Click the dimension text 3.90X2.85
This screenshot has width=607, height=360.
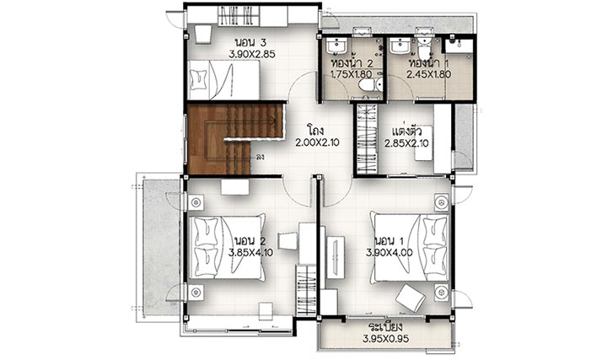tap(251, 54)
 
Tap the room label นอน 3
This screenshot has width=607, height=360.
tap(250, 42)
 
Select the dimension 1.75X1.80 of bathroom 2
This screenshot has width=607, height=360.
tap(351, 74)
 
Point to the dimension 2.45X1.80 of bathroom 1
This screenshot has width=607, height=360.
tap(428, 74)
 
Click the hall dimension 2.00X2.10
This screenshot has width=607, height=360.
tap(317, 142)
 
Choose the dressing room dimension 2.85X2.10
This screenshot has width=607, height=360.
tap(406, 143)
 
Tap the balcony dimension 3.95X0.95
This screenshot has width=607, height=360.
tap(385, 339)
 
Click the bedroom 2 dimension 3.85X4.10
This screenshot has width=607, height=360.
tap(251, 253)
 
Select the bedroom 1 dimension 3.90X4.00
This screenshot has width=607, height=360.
tap(389, 253)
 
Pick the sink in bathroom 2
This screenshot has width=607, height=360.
tap(336, 46)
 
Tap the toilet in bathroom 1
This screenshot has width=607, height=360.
tap(424, 49)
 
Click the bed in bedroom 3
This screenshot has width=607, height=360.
tap(223, 80)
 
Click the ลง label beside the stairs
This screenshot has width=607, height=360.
tap(261, 157)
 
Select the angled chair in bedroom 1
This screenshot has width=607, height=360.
tap(411, 298)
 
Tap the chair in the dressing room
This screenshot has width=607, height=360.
tap(422, 153)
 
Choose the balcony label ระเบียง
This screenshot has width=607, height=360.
tap(385, 326)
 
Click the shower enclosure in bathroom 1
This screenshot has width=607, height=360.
tap(459, 46)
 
